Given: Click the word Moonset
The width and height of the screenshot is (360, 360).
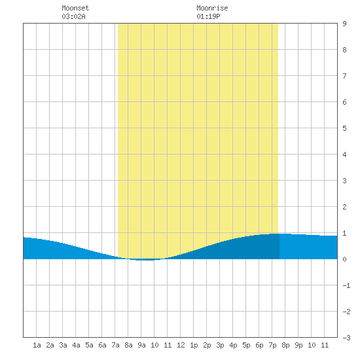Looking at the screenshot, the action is pyautogui.click(x=75, y=8).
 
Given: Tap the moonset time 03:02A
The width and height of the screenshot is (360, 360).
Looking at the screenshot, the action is pyautogui.click(x=73, y=16).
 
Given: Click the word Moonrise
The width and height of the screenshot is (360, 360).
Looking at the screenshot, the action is pyautogui.click(x=212, y=8).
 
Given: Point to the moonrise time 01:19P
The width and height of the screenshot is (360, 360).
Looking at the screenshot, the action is pyautogui.click(x=208, y=16).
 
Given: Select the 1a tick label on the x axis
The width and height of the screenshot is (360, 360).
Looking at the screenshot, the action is pyautogui.click(x=37, y=345).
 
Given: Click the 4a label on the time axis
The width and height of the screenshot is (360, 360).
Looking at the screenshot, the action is pyautogui.click(x=76, y=345).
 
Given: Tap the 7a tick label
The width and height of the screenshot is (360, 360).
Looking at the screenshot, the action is pyautogui.click(x=115, y=345).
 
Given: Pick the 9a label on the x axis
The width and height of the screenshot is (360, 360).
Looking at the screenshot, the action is pyautogui.click(x=141, y=345).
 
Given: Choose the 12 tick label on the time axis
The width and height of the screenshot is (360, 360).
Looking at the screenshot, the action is pyautogui.click(x=181, y=345).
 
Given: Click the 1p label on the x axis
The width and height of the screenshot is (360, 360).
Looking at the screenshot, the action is pyautogui.click(x=194, y=345).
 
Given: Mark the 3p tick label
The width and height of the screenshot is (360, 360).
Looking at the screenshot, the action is pyautogui.click(x=220, y=345).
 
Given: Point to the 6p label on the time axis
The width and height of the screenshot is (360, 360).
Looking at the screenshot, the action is pyautogui.click(x=259, y=345).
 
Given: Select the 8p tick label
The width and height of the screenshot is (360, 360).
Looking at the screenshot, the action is pyautogui.click(x=285, y=345).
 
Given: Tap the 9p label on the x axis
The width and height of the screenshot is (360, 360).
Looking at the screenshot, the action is pyautogui.click(x=298, y=345).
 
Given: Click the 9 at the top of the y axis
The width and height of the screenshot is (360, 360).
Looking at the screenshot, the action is pyautogui.click(x=344, y=24).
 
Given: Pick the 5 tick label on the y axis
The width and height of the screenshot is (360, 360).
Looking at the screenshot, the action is pyautogui.click(x=344, y=128).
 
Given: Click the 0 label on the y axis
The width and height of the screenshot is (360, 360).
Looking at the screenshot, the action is pyautogui.click(x=344, y=259).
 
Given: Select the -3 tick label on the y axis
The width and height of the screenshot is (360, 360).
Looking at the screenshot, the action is pyautogui.click(x=346, y=338).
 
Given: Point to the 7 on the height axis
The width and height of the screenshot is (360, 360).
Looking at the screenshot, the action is pyautogui.click(x=344, y=76).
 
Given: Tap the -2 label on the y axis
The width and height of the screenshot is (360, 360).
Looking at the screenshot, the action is pyautogui.click(x=346, y=312).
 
